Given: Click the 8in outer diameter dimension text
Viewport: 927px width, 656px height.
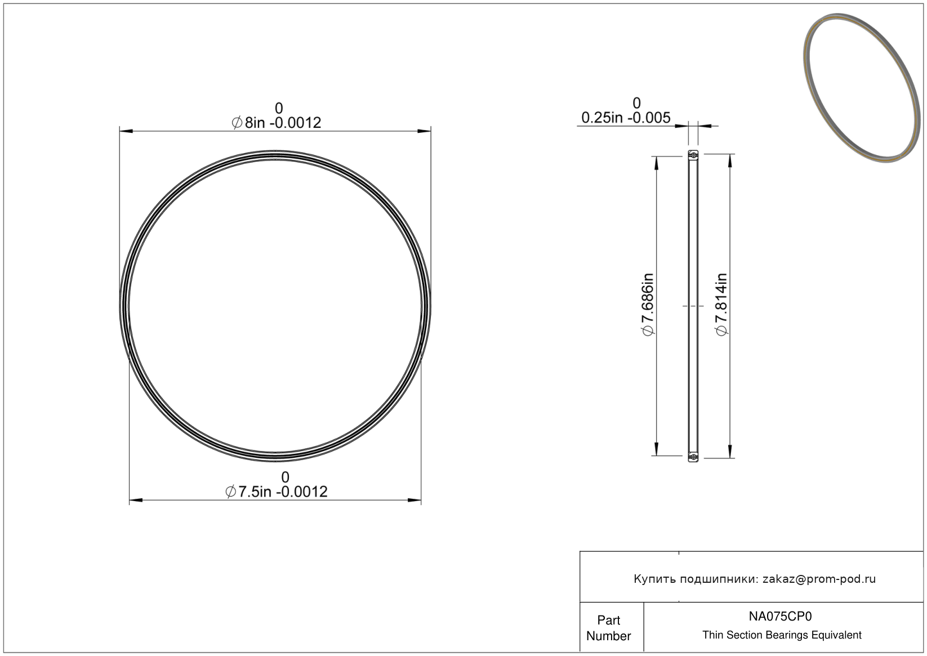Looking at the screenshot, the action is tap(276, 123).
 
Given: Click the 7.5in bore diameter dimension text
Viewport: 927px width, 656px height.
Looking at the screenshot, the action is tap(276, 492).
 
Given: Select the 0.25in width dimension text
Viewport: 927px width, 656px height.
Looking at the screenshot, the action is tap(626, 118).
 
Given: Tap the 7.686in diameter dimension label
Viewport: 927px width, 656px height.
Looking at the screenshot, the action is tap(648, 305).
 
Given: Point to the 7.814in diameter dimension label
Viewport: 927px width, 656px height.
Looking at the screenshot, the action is tap(721, 305).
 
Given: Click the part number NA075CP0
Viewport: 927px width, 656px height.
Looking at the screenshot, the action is tap(781, 616).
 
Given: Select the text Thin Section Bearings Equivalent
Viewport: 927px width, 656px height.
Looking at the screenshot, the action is tap(782, 635).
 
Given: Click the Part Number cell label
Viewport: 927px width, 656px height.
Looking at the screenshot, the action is tap(608, 628).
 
